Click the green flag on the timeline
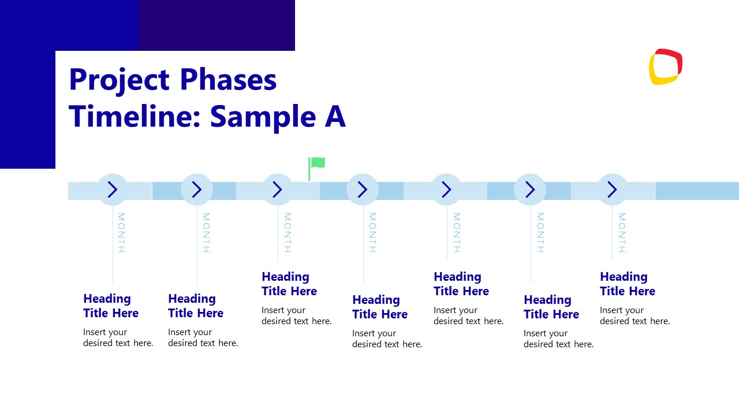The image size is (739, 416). pyautogui.click(x=317, y=164)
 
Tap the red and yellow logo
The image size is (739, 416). pyautogui.click(x=666, y=67)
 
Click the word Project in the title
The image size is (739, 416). pyautogui.click(x=118, y=80)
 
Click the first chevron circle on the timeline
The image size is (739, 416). pyautogui.click(x=113, y=190)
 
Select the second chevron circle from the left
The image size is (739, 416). pyautogui.click(x=197, y=190)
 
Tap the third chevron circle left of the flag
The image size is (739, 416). pyautogui.click(x=278, y=190)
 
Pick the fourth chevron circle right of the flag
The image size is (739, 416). pyautogui.click(x=363, y=190)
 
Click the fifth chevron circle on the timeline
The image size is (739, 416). pyautogui.click(x=446, y=190)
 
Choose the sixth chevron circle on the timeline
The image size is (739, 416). pyautogui.click(x=530, y=190)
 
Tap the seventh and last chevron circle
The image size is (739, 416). pyautogui.click(x=612, y=190)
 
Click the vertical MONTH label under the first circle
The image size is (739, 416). pyautogui.click(x=121, y=232)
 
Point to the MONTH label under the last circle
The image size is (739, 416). pyautogui.click(x=622, y=232)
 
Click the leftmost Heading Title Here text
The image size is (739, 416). pyautogui.click(x=111, y=306)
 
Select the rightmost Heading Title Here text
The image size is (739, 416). pyautogui.click(x=628, y=284)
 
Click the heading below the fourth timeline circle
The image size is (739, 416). pyautogui.click(x=380, y=307)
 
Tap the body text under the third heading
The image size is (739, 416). pyautogui.click(x=296, y=315)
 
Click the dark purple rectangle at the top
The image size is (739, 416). pyautogui.click(x=217, y=25)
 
